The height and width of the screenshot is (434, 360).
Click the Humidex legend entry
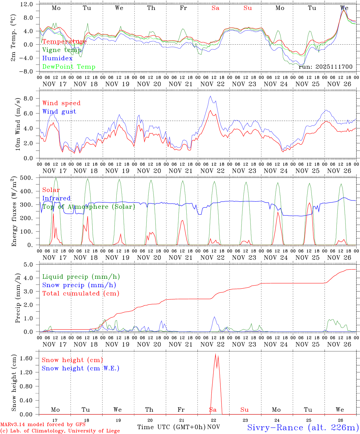point(57,58)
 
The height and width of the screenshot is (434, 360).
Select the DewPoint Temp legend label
point(69,67)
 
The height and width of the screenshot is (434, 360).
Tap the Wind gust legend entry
point(59,112)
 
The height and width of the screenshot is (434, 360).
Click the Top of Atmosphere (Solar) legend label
point(88,207)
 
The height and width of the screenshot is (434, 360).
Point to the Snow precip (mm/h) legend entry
point(79,285)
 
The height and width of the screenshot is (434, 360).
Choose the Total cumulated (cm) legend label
point(81,293)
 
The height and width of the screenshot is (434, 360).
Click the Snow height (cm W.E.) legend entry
point(80,368)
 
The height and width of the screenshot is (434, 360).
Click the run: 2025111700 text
point(325,67)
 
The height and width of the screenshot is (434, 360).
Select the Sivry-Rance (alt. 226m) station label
point(303,427)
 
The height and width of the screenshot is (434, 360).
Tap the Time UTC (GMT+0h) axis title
point(171,427)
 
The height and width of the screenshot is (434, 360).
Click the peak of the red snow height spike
point(215,354)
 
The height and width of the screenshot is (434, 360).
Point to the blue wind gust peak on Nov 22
point(210,96)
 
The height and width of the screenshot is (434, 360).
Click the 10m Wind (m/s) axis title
point(18,124)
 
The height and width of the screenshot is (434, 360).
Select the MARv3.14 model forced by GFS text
point(43,425)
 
